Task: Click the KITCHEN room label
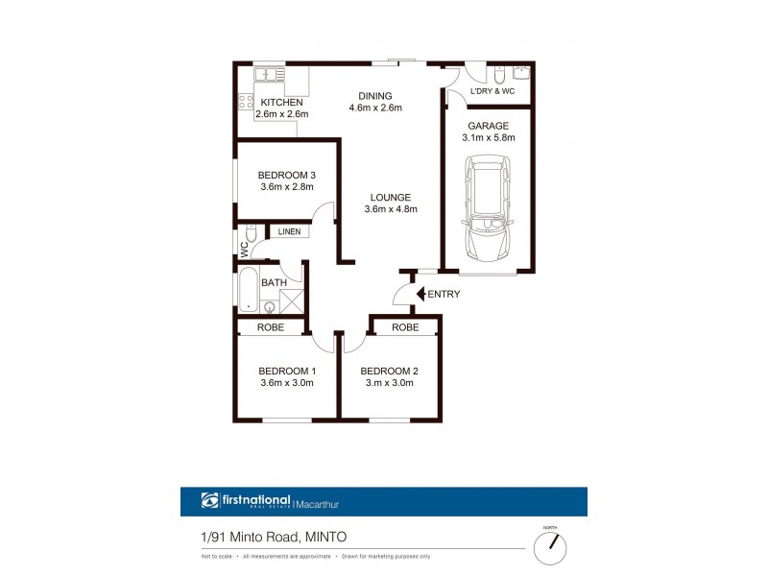click(x=282, y=103)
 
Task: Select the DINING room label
click(x=375, y=96)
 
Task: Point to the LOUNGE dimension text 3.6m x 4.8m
click(x=390, y=209)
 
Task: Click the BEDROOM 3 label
click(x=287, y=175)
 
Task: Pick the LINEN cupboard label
click(x=289, y=232)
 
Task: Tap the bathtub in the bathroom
click(x=247, y=291)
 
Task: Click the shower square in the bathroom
click(x=292, y=300)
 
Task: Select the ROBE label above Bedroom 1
click(x=274, y=327)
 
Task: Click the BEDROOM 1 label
click(x=287, y=371)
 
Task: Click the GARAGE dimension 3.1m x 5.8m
click(x=489, y=138)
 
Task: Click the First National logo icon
click(x=210, y=500)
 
